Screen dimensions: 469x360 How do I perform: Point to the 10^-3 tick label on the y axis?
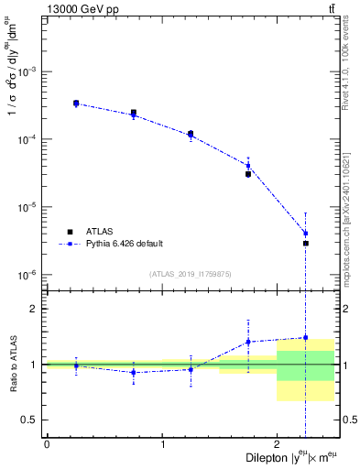coord(27,71)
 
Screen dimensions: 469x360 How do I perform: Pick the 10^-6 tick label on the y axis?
coord(27,275)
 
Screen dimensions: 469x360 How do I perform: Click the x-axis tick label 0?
coord(47,444)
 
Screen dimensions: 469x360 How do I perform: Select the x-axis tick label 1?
coord(163,444)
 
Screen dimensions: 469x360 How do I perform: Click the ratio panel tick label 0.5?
coord(29,420)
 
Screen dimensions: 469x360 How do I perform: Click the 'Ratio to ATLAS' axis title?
coord(12,364)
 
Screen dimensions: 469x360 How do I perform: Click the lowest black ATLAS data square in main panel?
coord(306,243)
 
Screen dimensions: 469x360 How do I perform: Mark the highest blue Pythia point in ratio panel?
coord(306,337)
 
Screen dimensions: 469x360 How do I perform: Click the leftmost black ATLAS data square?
coord(76,104)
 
